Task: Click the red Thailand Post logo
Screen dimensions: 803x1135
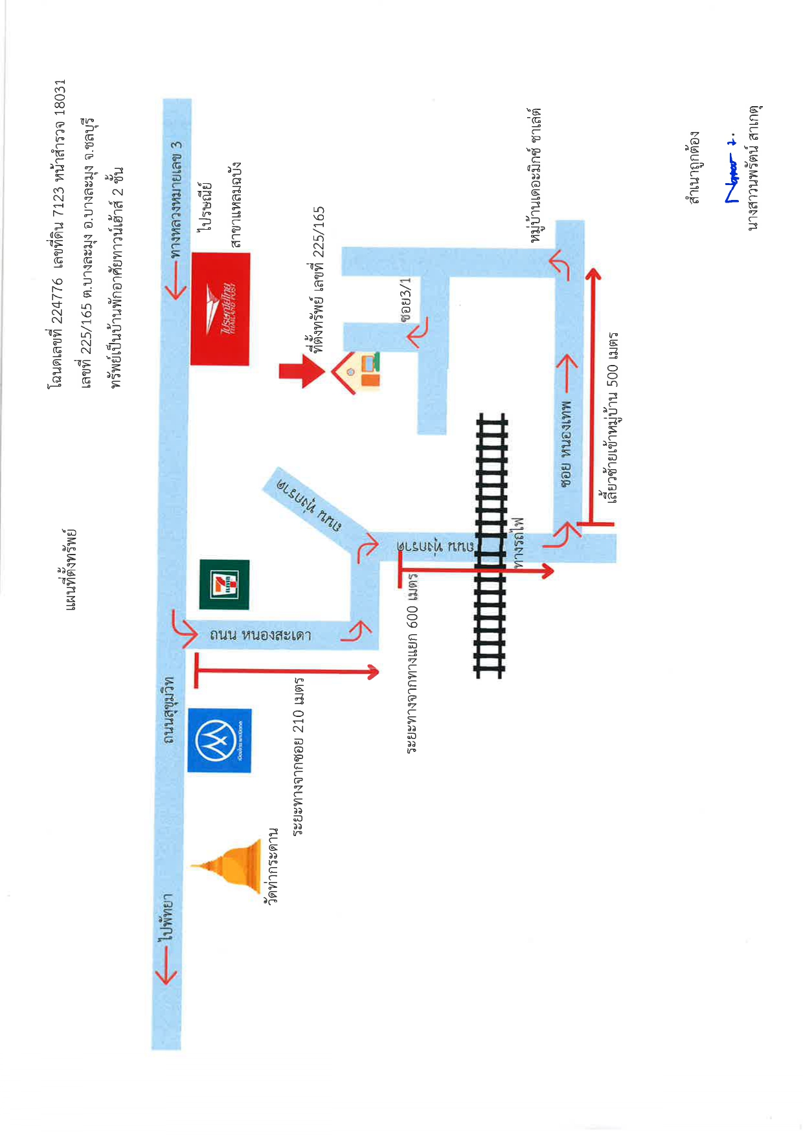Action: click(x=220, y=309)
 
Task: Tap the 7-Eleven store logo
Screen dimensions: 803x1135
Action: click(x=224, y=584)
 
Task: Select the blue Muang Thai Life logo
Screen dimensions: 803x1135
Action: click(x=220, y=740)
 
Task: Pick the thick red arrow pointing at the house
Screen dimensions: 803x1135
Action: click(x=302, y=371)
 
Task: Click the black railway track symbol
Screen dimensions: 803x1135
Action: click(x=491, y=545)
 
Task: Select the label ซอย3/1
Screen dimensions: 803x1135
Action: click(x=406, y=300)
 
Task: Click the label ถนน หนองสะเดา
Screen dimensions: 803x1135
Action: click(x=260, y=634)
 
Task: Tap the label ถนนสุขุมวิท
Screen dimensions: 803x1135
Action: click(x=169, y=710)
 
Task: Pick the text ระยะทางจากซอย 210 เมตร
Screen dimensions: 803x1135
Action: click(x=298, y=756)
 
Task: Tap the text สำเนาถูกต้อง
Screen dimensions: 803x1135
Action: click(x=695, y=167)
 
